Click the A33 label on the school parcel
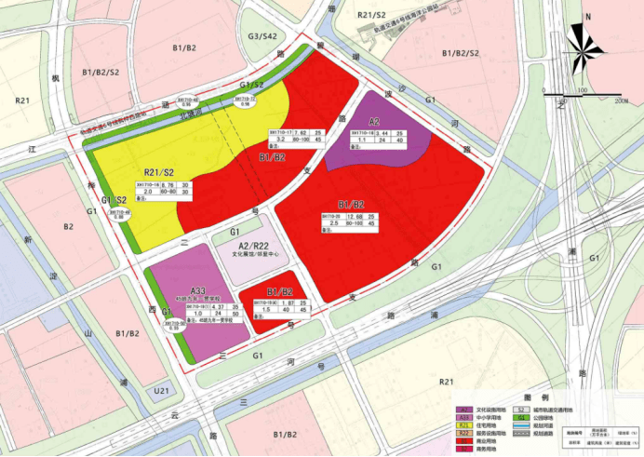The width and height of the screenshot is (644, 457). (196, 291)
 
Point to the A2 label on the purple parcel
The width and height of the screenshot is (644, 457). (374, 122)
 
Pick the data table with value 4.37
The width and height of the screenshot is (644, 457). (213, 310)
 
